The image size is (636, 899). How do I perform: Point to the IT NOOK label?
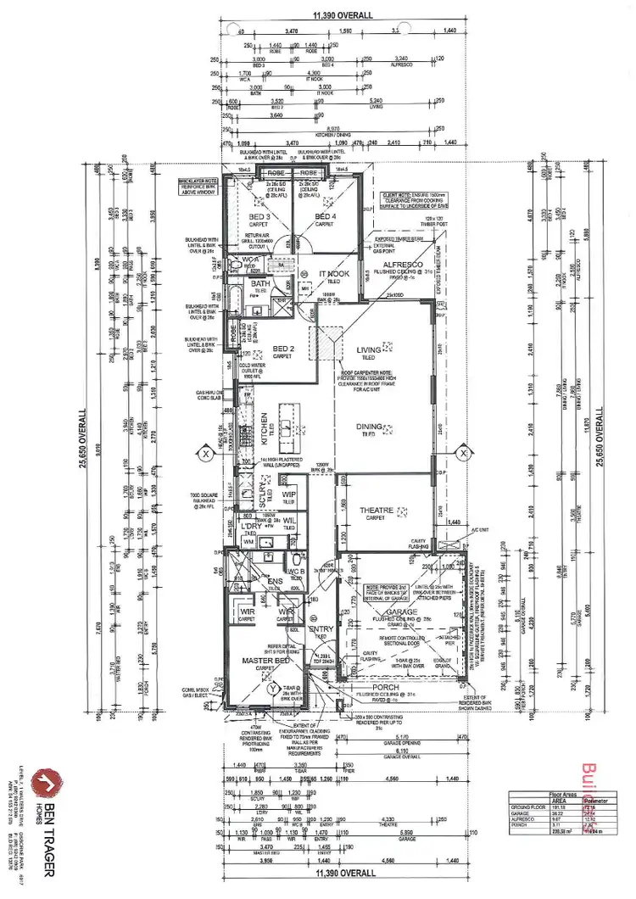pyautogui.click(x=334, y=273)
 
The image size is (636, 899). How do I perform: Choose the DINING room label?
pyautogui.click(x=368, y=427)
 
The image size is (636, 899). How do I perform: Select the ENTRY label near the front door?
pyautogui.click(x=321, y=628)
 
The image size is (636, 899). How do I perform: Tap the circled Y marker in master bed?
pyautogui.click(x=271, y=690)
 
